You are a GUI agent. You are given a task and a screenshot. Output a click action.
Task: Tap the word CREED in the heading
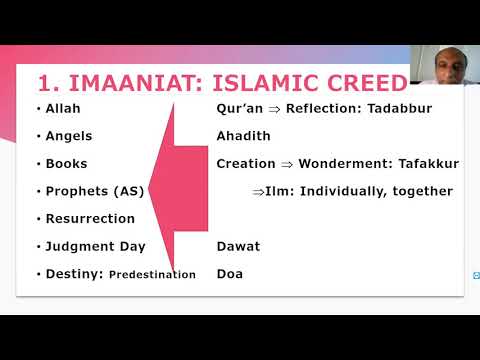[x=369, y=82]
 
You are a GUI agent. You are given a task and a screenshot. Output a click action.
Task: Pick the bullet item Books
[x=66, y=163]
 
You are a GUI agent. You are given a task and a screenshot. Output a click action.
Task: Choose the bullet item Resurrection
[x=90, y=218]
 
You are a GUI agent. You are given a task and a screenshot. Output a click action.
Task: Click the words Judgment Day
[x=95, y=246]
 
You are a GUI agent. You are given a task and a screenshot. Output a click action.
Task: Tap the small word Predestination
[x=152, y=274]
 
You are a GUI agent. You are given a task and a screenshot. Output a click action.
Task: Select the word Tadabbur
[x=396, y=108]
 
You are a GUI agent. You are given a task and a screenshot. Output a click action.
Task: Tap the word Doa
[x=230, y=273]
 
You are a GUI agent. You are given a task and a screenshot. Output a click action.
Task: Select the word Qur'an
[x=240, y=108]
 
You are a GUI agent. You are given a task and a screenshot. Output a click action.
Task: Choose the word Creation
[x=246, y=163]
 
